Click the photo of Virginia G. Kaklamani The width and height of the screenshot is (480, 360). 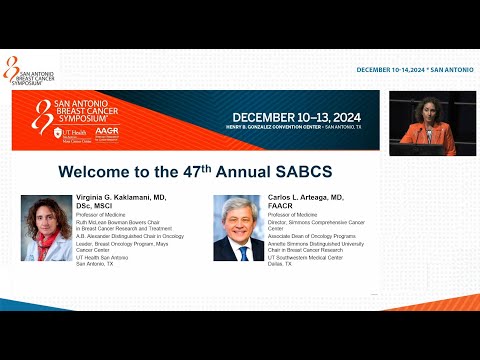pyautogui.click(x=46, y=227)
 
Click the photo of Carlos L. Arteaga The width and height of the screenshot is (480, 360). pyautogui.click(x=238, y=227)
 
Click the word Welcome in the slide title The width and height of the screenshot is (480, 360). pyautogui.click(x=94, y=171)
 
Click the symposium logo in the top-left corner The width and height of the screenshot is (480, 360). pyautogui.click(x=30, y=69)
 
